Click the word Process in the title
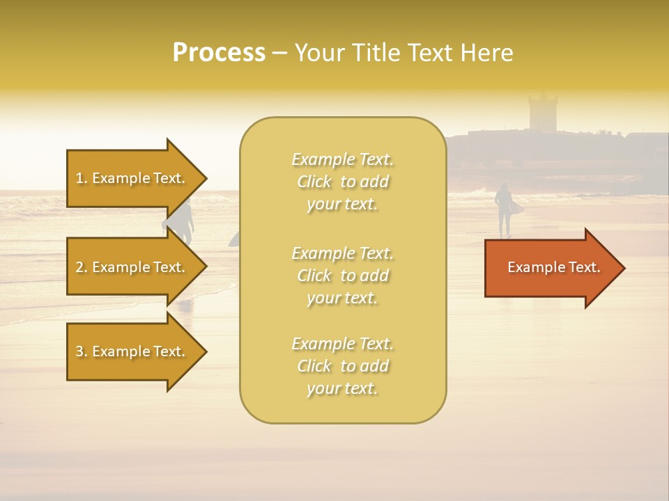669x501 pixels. [219, 53]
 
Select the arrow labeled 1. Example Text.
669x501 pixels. [132, 178]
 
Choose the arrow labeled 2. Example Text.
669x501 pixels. [132, 267]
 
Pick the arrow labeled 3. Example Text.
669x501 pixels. [132, 351]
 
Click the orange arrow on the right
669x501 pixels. [551, 267]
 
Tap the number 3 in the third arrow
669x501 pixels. [79, 351]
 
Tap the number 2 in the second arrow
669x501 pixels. [79, 267]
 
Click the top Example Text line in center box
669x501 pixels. [342, 159]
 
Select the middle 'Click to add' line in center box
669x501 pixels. [342, 276]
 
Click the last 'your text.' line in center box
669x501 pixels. [342, 388]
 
